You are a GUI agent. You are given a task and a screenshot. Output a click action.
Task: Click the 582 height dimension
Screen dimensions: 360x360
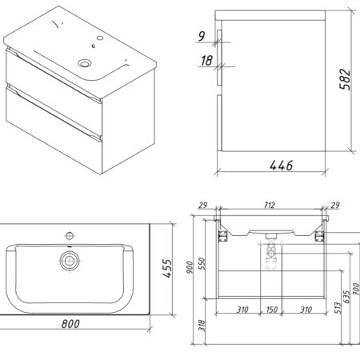click(345, 79)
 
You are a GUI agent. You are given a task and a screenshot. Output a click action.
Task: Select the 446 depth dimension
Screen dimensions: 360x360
click(282, 166)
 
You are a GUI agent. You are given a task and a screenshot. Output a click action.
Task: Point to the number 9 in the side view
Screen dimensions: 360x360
click(202, 36)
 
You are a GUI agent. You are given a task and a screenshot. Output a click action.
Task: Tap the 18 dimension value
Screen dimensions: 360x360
click(206, 61)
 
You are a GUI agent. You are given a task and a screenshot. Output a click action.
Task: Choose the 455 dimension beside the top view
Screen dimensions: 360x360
click(168, 268)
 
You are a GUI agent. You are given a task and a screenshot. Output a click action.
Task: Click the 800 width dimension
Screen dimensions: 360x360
click(70, 324)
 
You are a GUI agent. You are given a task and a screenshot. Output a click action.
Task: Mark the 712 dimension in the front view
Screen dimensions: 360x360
click(270, 205)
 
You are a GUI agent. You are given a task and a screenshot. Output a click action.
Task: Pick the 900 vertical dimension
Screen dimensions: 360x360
click(190, 267)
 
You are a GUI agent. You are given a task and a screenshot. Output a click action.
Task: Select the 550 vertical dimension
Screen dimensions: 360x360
click(202, 263)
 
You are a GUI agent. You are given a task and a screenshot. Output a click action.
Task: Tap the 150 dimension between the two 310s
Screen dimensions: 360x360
click(272, 310)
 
